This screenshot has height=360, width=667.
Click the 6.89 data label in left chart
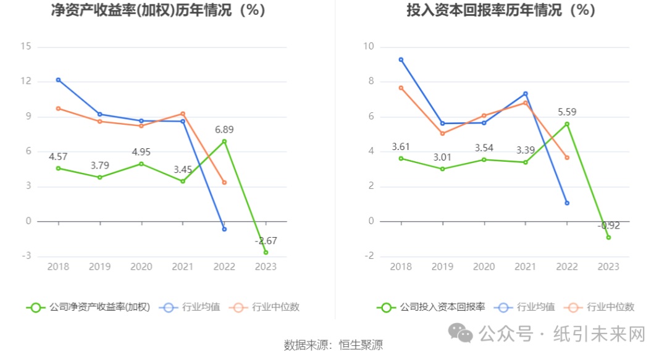224,130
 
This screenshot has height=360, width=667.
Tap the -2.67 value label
266,241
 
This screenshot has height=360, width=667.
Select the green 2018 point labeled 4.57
59,168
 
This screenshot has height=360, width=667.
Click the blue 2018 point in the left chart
59,80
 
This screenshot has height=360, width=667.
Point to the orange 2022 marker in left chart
224,182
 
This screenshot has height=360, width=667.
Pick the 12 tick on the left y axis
26,82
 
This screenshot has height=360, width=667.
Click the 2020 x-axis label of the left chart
141,267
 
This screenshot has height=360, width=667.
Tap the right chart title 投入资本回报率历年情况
500,10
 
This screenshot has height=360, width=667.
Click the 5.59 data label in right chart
567,112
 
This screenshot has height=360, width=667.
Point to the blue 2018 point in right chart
401,60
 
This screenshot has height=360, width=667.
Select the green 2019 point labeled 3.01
442,169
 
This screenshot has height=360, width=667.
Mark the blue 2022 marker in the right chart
567,203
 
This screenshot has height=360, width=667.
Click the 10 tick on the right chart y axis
369,47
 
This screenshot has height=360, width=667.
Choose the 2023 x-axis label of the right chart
608,267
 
